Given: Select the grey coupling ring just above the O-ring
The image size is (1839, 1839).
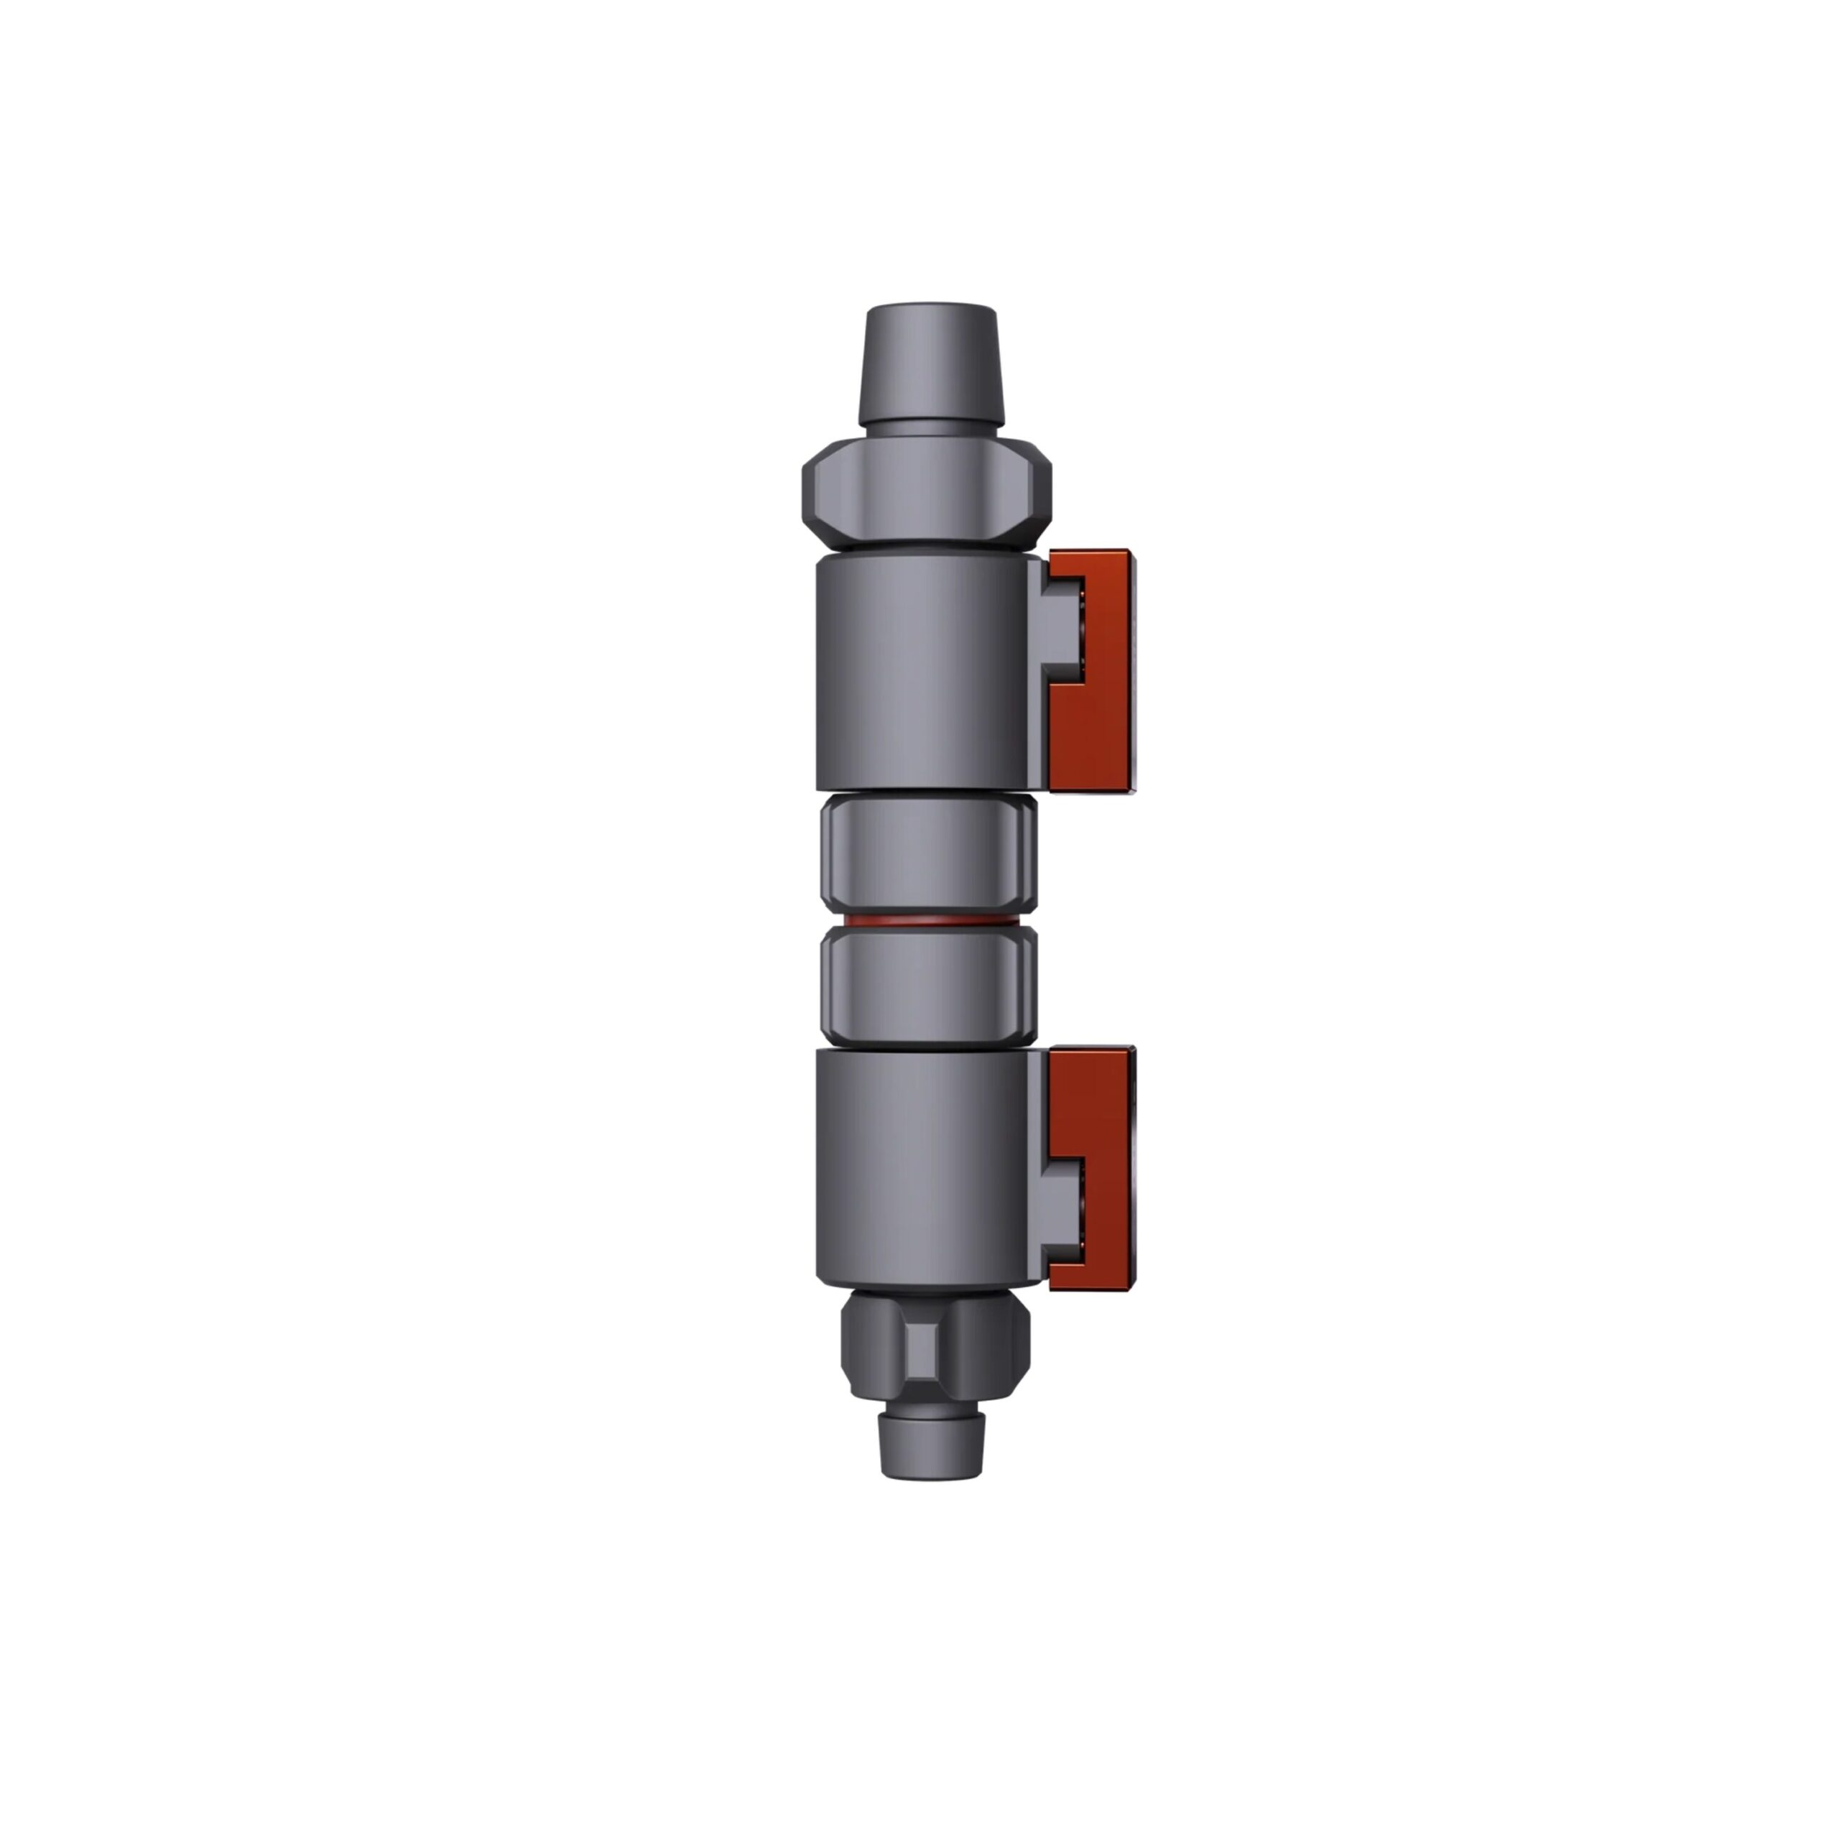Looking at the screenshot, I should coord(928,855).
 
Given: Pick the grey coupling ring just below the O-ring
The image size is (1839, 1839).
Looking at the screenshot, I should coord(928,987).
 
